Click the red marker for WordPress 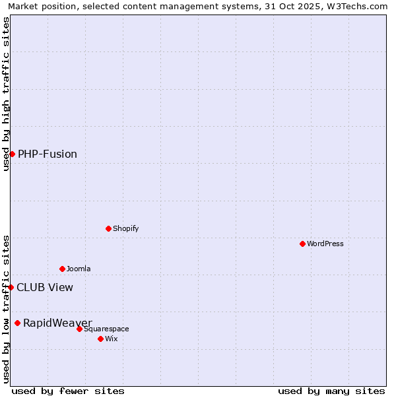[x=302, y=244]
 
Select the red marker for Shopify [x=108, y=228]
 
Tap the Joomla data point [x=62, y=269]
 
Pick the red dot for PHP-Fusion [x=12, y=154]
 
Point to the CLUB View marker [x=11, y=287]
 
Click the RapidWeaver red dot [x=17, y=323]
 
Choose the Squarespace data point [x=79, y=329]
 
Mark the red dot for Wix [x=100, y=339]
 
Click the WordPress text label [x=325, y=244]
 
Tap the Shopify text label [x=125, y=228]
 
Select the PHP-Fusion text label [x=48, y=154]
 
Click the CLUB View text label [x=45, y=287]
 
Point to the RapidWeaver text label [x=57, y=323]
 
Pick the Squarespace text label [x=106, y=329]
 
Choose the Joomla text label [x=79, y=269]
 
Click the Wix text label [x=112, y=339]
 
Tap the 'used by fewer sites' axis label [x=68, y=391]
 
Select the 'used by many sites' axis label [x=331, y=391]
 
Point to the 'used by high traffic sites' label [x=6, y=94]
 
